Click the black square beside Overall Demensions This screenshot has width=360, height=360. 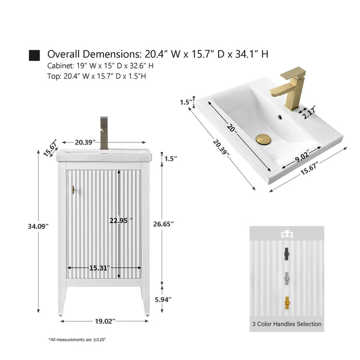34,56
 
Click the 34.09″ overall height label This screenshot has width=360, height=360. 39,226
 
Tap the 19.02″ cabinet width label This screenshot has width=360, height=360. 105,321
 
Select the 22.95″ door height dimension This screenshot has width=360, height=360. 121,221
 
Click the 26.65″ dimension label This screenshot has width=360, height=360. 164,224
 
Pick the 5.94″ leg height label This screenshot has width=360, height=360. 163,300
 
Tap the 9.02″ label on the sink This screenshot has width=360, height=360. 302,156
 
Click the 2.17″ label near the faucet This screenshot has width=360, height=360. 309,112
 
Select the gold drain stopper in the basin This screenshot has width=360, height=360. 263,139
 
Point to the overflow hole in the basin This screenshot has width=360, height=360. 280,117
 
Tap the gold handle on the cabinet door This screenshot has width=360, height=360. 73,190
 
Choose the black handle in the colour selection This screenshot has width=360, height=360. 286,254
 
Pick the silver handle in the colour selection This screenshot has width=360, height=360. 287,278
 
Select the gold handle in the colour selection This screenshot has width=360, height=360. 287,303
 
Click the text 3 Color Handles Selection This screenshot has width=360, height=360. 287,324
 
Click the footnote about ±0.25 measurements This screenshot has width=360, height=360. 77,339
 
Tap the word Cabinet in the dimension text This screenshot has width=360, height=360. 61,66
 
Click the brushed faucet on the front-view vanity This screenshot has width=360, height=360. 104,133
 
